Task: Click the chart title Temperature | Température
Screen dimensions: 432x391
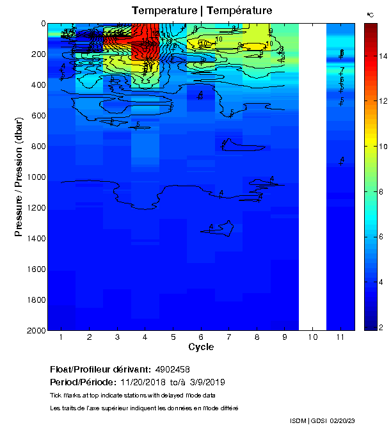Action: (202, 11)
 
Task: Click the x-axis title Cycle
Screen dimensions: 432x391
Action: (201, 347)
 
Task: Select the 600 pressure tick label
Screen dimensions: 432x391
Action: (35, 116)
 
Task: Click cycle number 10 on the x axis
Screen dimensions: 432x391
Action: (313, 337)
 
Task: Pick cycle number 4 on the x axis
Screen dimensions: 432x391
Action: (145, 337)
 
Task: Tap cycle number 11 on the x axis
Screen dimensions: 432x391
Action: (340, 337)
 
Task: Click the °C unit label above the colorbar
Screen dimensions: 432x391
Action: (370, 14)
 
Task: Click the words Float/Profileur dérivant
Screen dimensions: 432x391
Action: (100, 369)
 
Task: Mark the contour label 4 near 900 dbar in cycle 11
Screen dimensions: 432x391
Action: (342, 159)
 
